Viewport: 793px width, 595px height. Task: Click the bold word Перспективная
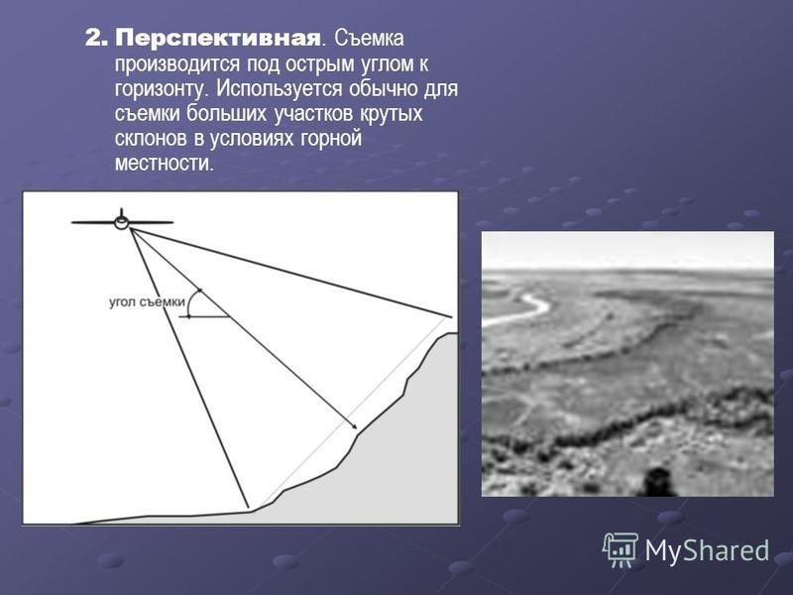point(218,39)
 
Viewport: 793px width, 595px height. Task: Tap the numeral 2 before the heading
point(94,39)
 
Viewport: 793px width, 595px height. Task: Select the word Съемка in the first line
point(368,39)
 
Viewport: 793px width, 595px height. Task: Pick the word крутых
point(391,114)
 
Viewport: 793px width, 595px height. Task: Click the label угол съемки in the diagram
point(147,302)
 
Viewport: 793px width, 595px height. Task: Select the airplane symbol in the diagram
point(121,221)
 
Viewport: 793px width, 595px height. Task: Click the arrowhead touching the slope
point(353,426)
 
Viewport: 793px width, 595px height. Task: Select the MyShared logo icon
point(621,549)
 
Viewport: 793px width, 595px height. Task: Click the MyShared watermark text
point(707,550)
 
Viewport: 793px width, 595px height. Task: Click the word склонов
point(151,139)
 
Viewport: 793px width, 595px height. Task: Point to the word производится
point(177,64)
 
